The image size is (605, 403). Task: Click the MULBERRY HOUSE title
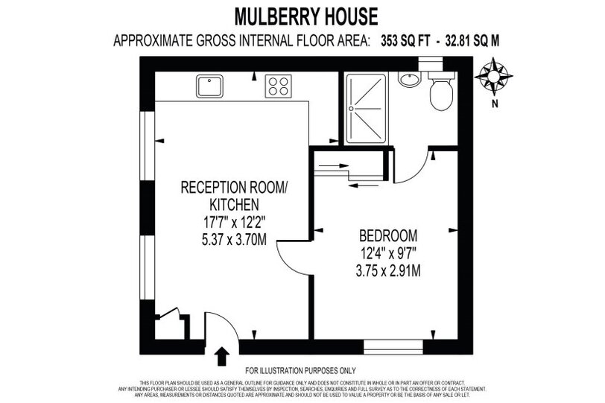306,16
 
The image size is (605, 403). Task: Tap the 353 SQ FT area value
405,40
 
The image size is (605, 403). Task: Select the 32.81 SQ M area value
472,40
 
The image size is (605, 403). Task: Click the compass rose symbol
493,77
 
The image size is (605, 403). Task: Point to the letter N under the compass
495,104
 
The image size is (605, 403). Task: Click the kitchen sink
209,86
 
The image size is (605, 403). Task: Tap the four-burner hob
278,86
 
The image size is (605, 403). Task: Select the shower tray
366,108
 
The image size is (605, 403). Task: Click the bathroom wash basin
410,80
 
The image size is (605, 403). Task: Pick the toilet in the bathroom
441,90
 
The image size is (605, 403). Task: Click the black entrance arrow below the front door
221,356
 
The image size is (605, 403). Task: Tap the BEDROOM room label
388,235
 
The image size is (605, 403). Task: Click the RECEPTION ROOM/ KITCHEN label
234,195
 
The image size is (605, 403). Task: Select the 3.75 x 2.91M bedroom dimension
388,271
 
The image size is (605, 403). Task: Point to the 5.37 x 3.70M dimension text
234,240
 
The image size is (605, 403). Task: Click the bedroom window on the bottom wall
393,347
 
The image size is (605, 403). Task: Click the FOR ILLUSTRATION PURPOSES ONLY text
300,371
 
